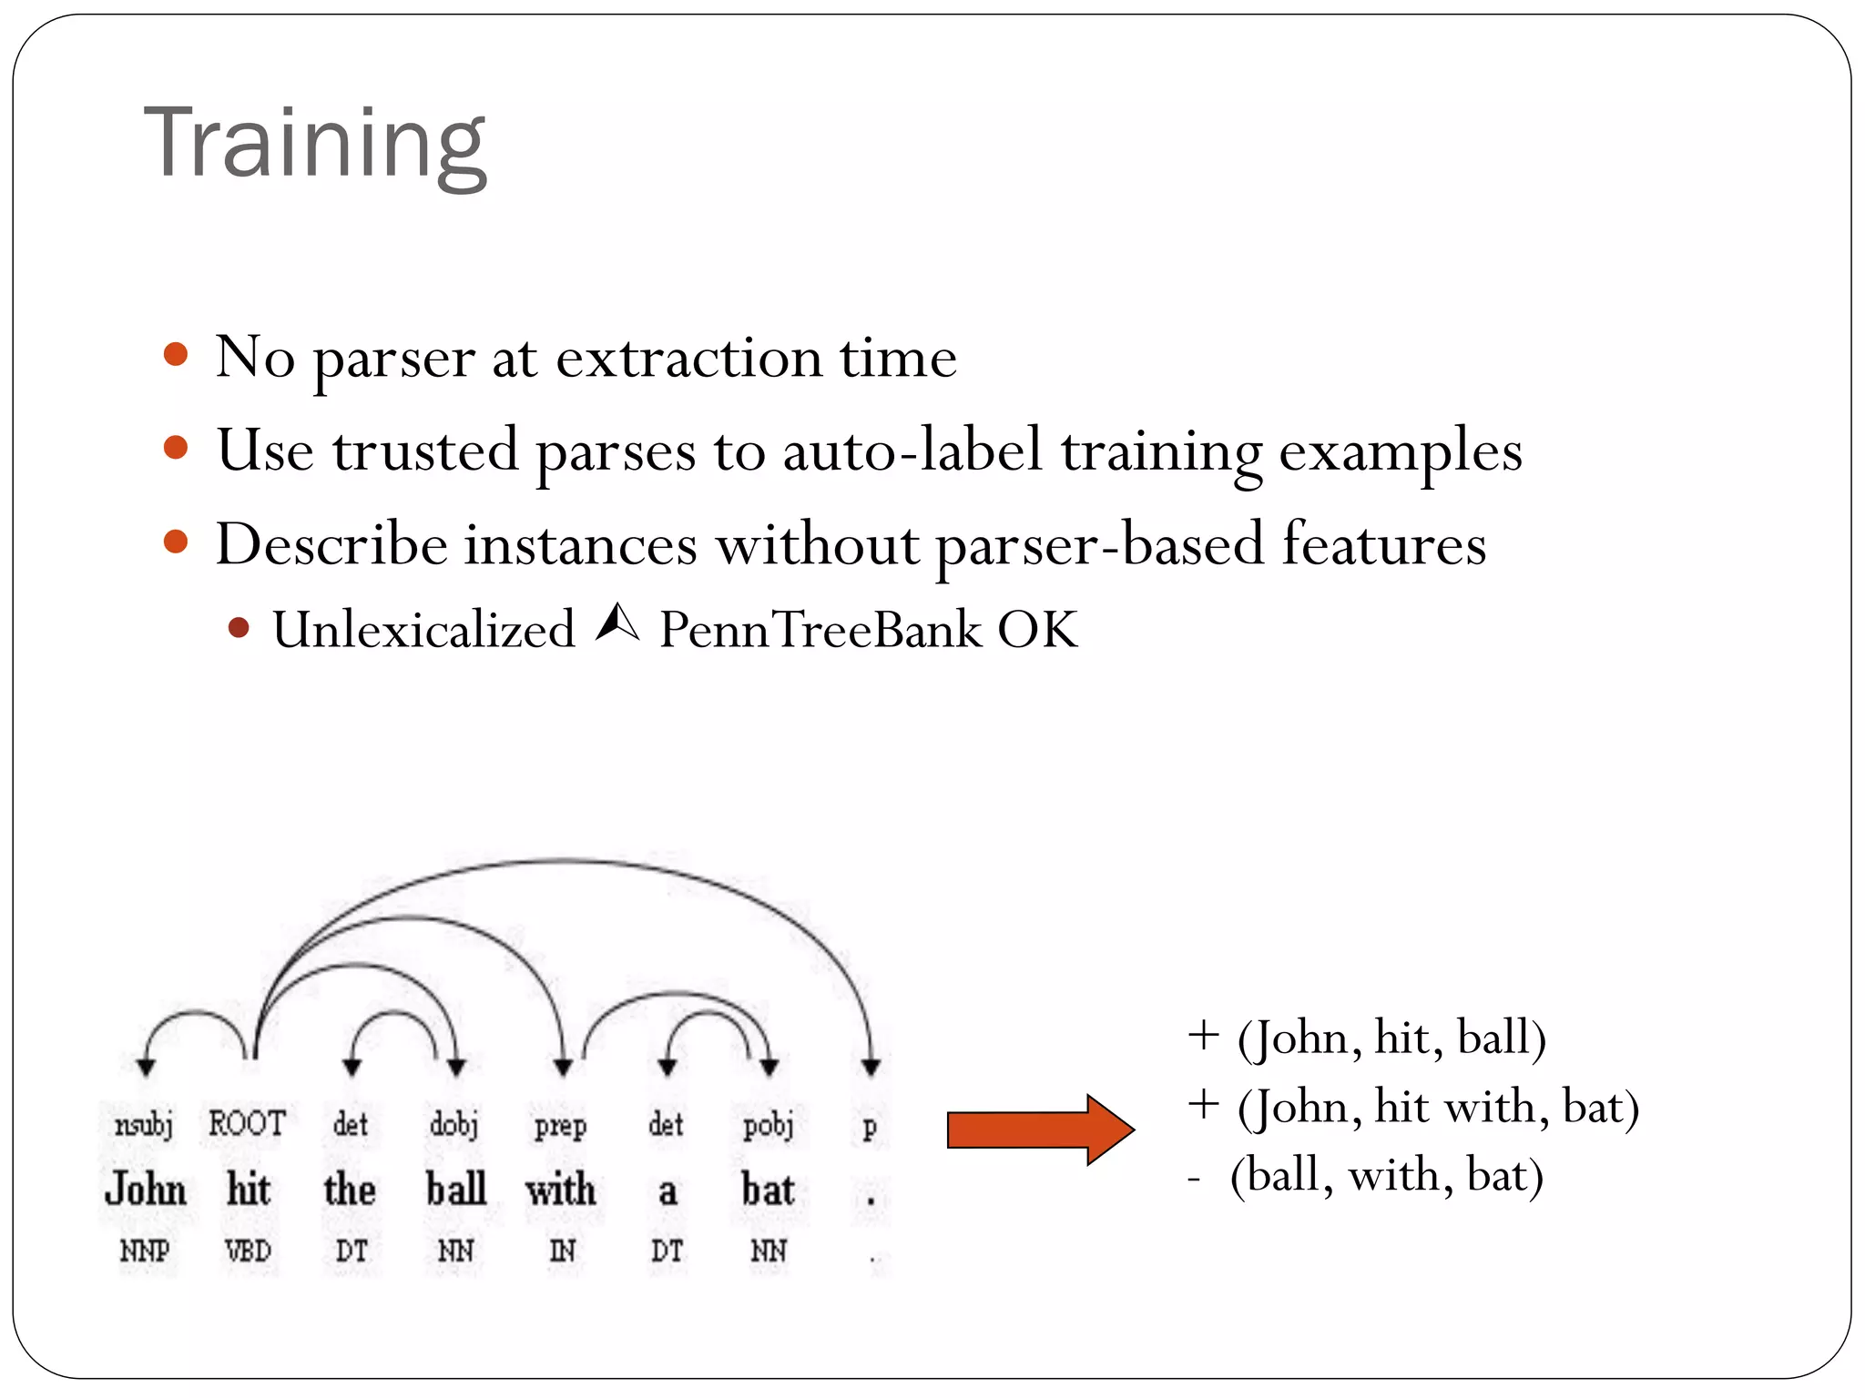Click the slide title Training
[315, 144]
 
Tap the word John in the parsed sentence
[146, 1190]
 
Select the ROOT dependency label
[247, 1124]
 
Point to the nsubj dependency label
[144, 1125]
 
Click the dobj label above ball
[454, 1125]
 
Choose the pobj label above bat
[769, 1125]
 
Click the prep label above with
[561, 1126]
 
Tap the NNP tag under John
[145, 1251]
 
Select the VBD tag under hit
[248, 1251]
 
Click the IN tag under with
[562, 1251]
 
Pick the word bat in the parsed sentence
[768, 1190]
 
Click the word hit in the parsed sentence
[248, 1190]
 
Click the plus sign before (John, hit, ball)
[1203, 1036]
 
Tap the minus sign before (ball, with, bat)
[1194, 1178]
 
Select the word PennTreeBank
[820, 630]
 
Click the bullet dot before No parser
[176, 354]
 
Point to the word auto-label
[912, 450]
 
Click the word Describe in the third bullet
[331, 544]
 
